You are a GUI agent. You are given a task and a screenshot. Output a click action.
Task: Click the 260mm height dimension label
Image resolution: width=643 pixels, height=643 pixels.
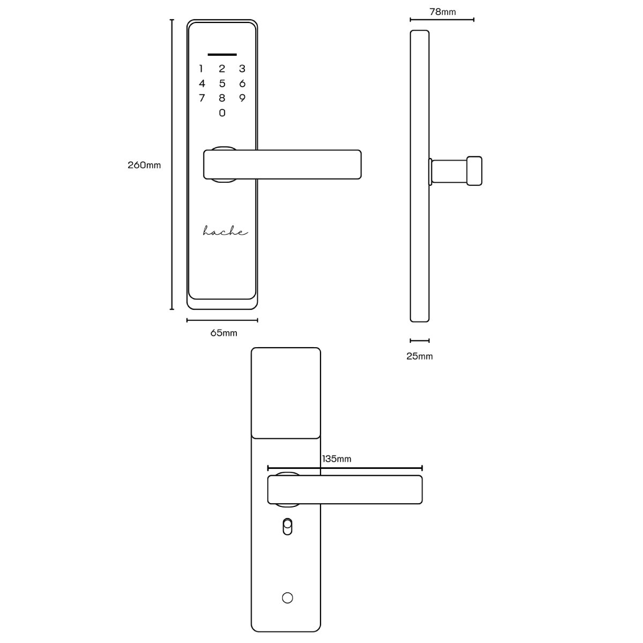[144, 165]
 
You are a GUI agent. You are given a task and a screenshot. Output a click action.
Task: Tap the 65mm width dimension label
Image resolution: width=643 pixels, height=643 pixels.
[223, 333]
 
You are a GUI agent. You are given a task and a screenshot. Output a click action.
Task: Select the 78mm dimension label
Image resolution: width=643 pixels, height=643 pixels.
[443, 12]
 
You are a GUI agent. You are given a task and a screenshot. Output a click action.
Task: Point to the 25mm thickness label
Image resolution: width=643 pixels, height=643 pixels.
[420, 356]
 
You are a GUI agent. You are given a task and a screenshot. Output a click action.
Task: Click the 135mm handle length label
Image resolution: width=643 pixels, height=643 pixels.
[337, 459]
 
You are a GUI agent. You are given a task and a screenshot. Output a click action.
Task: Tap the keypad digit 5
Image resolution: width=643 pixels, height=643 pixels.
[222, 83]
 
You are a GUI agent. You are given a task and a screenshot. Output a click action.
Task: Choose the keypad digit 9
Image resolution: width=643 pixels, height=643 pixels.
[242, 98]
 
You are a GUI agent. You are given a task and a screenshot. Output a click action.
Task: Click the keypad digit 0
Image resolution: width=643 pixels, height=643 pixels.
[222, 113]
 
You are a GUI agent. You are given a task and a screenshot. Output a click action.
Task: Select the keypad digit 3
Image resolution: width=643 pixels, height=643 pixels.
[242, 69]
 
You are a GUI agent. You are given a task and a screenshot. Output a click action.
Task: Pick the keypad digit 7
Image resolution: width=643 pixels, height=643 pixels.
[201, 98]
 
